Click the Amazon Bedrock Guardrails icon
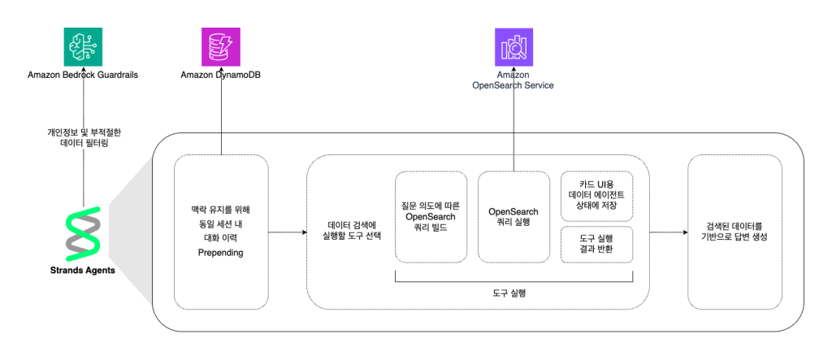coord(83,46)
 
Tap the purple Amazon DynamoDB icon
coord(221,46)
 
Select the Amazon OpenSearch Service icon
coord(513,46)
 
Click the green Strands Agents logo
coord(83,234)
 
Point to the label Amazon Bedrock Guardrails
coord(83,75)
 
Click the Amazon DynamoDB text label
coord(221,75)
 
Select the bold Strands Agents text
coord(83,271)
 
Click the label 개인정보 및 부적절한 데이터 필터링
coord(84,137)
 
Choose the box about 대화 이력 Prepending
coord(221,232)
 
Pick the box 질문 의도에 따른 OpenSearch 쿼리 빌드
coord(431,216)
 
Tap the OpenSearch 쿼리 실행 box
coord(513,216)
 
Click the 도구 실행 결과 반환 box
coord(597,244)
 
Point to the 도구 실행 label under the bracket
coord(513,292)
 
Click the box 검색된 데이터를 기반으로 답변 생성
coord(734,232)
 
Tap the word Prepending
coord(221,254)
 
